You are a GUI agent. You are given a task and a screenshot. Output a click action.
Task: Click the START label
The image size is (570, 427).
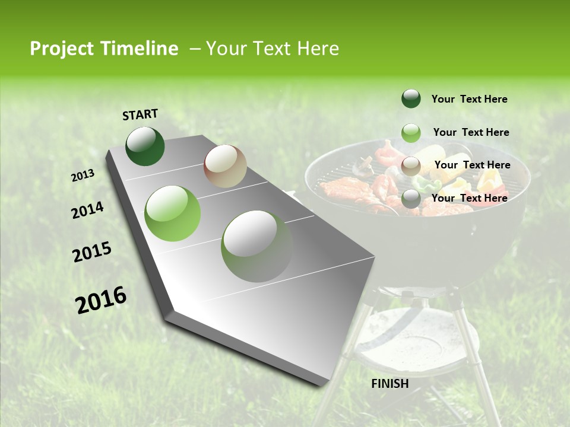[140, 114]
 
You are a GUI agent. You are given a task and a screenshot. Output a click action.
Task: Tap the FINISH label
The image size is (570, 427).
[390, 384]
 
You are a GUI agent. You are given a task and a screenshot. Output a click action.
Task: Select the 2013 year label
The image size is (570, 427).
[83, 176]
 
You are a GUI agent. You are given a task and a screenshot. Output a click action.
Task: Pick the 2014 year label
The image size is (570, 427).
[87, 211]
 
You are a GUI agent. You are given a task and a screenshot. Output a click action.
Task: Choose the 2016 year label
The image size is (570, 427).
[101, 300]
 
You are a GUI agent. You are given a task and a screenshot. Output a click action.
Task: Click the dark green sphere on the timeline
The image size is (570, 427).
[145, 146]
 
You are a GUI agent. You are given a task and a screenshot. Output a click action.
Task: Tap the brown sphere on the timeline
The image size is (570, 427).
[225, 166]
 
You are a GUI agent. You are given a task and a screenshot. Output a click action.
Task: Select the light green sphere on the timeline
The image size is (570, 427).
[173, 213]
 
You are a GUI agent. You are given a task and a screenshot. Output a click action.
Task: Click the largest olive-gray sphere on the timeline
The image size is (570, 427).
[256, 246]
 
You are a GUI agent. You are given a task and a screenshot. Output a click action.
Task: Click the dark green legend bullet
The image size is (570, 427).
[411, 98]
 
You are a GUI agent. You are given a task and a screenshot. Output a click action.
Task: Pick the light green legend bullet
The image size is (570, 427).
[411, 133]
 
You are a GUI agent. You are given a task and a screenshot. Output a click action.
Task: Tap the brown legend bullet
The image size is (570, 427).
[411, 166]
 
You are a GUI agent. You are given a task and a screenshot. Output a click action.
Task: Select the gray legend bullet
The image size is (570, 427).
[411, 199]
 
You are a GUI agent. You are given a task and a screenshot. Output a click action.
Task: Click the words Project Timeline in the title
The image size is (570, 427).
[104, 49]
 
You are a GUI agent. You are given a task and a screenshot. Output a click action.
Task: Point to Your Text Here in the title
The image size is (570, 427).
[272, 49]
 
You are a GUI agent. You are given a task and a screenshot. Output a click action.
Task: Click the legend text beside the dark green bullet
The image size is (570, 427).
[469, 99]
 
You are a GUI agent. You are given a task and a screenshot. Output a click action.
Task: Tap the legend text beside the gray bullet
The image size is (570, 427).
[469, 198]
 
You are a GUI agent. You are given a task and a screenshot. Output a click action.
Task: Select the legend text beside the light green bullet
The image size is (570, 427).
[471, 132]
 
